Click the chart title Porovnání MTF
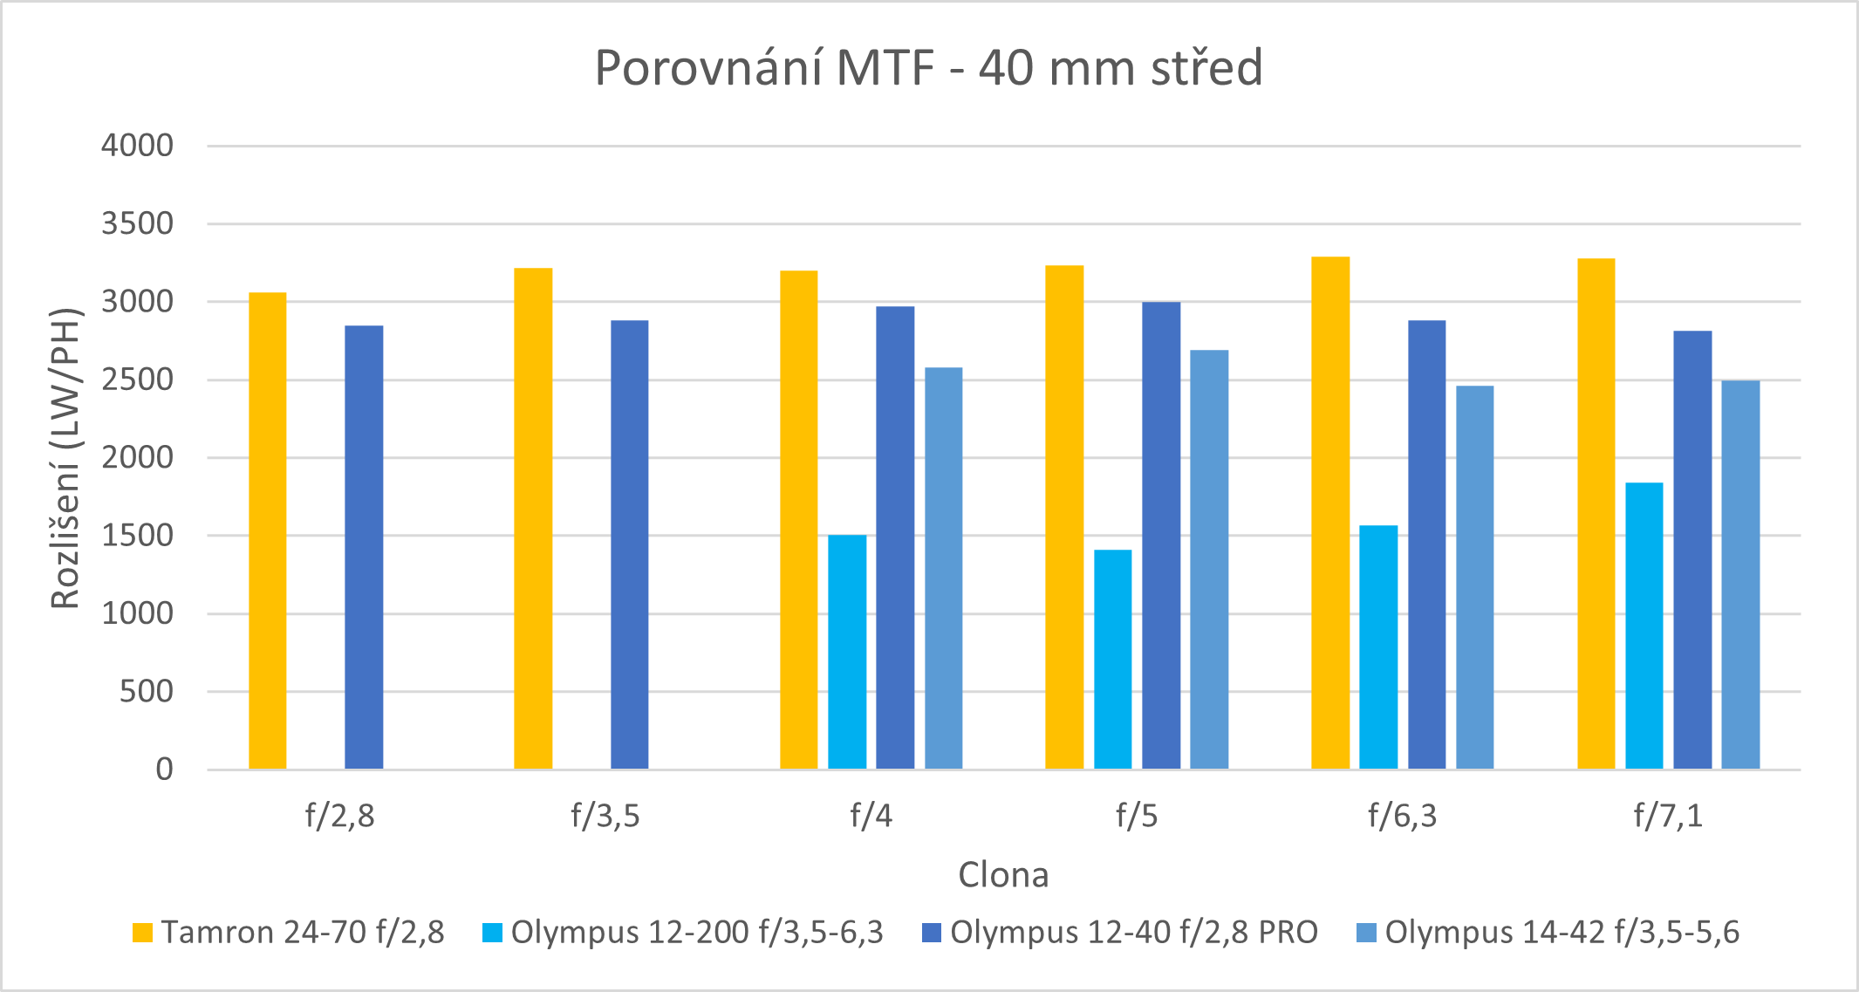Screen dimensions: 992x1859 tap(928, 68)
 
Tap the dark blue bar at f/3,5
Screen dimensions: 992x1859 tap(629, 544)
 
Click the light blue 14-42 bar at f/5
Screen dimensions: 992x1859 tap(1209, 559)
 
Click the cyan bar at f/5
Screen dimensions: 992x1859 tap(1113, 659)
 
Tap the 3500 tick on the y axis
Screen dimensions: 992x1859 tap(137, 224)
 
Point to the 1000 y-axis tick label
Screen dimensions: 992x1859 tap(137, 613)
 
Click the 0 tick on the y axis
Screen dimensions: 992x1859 tap(164, 770)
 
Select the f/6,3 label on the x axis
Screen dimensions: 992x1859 tap(1402, 816)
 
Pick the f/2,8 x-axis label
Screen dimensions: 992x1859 tap(339, 816)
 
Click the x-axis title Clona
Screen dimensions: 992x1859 tap(1003, 875)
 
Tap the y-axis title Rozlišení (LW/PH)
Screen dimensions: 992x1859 tap(65, 458)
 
